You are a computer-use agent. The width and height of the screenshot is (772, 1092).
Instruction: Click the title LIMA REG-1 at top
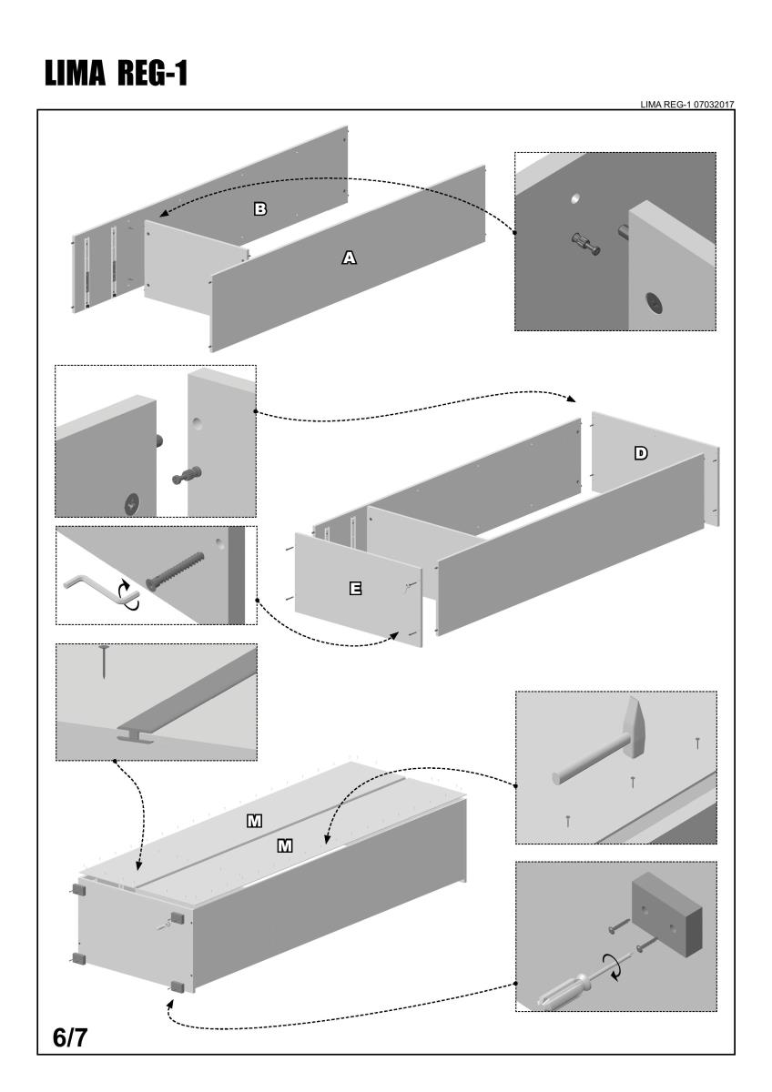pyautogui.click(x=113, y=74)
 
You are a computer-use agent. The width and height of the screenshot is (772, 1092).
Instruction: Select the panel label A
pyautogui.click(x=348, y=258)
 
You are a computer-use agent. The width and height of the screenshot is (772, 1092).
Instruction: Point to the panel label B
pyautogui.click(x=259, y=208)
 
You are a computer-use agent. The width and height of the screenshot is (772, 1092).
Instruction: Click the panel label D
pyautogui.click(x=641, y=452)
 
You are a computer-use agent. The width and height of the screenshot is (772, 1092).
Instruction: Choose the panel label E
pyautogui.click(x=355, y=589)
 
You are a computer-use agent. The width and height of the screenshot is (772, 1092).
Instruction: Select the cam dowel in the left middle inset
pyautogui.click(x=187, y=475)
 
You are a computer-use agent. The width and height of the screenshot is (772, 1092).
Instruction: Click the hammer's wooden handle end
pyautogui.click(x=557, y=778)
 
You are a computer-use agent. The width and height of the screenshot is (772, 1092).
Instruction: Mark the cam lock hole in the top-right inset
pyautogui.click(x=654, y=304)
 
